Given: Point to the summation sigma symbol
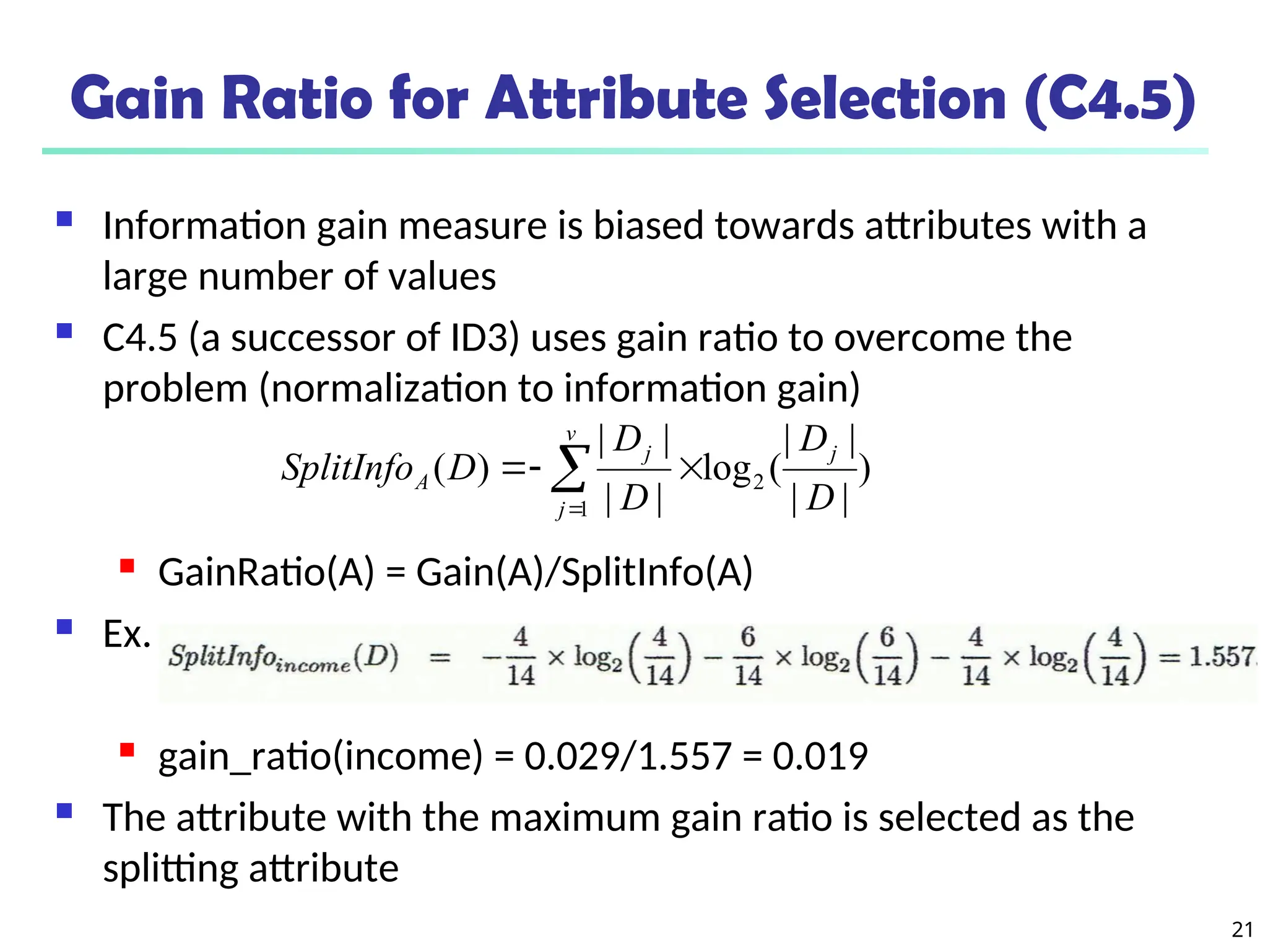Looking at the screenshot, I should [x=570, y=469].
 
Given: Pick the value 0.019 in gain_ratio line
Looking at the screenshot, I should [x=820, y=756].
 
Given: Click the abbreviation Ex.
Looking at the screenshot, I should [x=127, y=634].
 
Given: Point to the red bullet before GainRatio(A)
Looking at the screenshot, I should [x=128, y=566].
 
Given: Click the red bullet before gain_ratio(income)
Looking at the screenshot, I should [x=128, y=750].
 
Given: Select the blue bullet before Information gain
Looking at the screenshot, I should [x=64, y=219].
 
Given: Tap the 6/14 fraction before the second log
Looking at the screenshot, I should [x=747, y=656].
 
